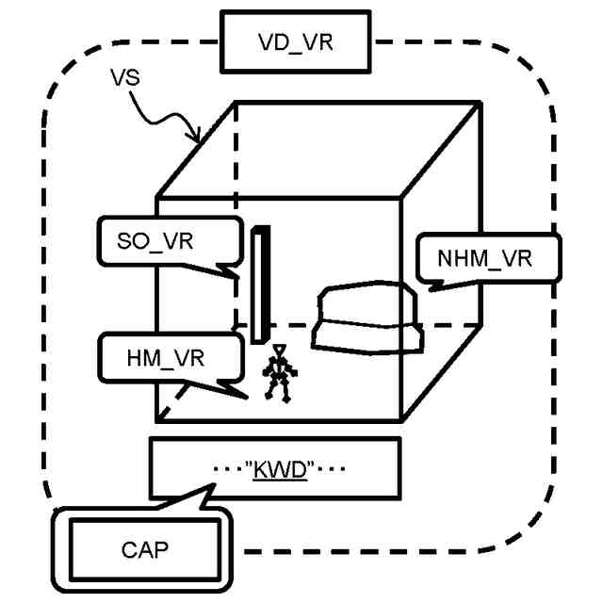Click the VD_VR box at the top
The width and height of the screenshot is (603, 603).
tap(295, 42)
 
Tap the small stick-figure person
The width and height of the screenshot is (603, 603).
tap(277, 374)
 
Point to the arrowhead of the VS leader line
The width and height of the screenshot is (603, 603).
tap(198, 139)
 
